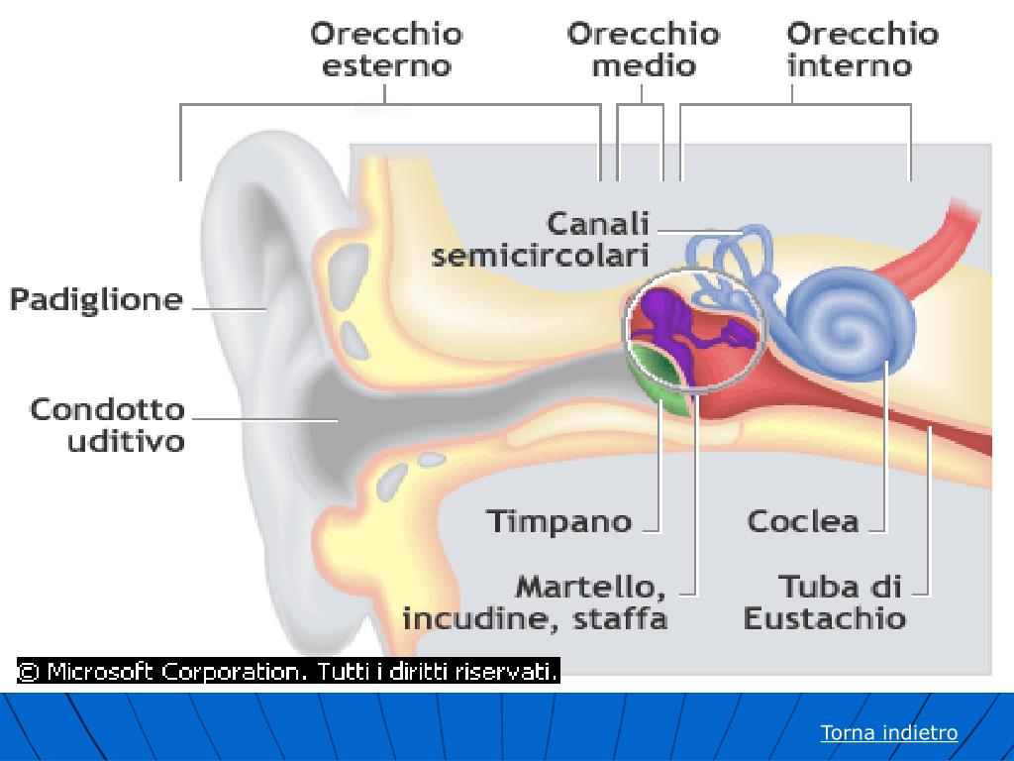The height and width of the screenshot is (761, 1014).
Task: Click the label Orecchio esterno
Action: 386,50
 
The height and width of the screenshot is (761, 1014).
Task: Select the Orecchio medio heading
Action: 643,50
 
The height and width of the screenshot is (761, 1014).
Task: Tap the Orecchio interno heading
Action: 862,50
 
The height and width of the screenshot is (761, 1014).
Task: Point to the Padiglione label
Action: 97,299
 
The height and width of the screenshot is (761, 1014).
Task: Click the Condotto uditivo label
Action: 108,424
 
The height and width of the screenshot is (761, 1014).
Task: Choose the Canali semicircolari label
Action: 542,239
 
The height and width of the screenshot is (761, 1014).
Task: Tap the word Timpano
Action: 559,520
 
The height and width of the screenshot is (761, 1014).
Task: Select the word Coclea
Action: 803,520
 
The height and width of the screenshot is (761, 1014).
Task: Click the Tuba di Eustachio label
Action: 825,602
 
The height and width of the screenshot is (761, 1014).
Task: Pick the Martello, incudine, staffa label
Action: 535,602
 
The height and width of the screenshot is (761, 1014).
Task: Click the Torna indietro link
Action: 889,733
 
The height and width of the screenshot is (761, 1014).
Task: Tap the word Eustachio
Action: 825,619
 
